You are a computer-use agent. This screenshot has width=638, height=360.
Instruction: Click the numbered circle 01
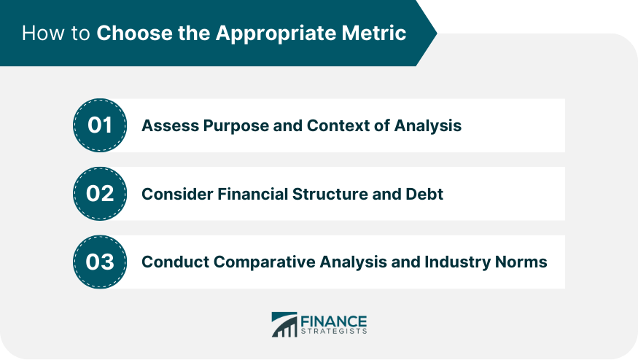pyautogui.click(x=100, y=125)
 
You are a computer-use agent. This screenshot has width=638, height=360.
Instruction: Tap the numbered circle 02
pyautogui.click(x=100, y=194)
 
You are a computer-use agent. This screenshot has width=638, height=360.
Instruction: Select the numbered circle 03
pyautogui.click(x=100, y=262)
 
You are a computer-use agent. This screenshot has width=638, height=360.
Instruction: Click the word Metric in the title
pyautogui.click(x=374, y=33)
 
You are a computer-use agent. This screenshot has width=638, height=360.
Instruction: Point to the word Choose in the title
pyautogui.click(x=134, y=33)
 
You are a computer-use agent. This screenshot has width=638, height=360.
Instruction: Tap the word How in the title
pyautogui.click(x=43, y=33)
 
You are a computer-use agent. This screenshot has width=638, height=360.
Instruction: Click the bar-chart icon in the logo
pyautogui.click(x=284, y=324)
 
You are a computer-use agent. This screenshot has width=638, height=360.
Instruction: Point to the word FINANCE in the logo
pyautogui.click(x=334, y=321)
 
